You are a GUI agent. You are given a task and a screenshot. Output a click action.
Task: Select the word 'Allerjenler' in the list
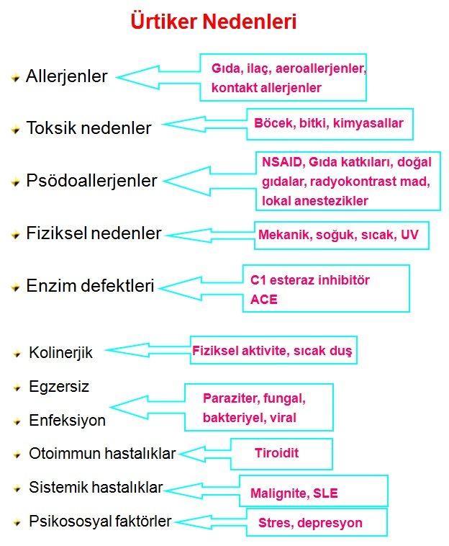(x=66, y=76)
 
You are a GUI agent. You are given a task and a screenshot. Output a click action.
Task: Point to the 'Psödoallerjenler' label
(x=91, y=181)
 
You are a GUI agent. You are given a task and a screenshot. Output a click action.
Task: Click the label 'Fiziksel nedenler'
(x=94, y=233)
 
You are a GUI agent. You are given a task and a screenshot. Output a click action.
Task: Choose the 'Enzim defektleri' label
(x=90, y=286)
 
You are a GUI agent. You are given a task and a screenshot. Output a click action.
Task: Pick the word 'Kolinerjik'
(x=60, y=353)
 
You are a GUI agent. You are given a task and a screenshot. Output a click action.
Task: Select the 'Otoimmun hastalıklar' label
(x=102, y=454)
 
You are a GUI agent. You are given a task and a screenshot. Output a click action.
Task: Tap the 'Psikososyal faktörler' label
(x=100, y=521)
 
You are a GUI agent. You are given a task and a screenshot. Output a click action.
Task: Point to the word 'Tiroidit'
(x=276, y=453)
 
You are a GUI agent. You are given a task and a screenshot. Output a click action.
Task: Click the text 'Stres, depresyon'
(x=310, y=523)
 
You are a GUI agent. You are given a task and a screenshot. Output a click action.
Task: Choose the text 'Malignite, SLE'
(x=294, y=494)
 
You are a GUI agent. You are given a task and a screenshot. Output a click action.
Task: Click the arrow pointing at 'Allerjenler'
(x=158, y=76)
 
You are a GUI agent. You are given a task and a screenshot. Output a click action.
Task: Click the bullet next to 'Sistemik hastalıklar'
(x=17, y=488)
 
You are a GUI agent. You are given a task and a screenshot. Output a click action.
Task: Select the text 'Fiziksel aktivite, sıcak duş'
(x=272, y=352)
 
